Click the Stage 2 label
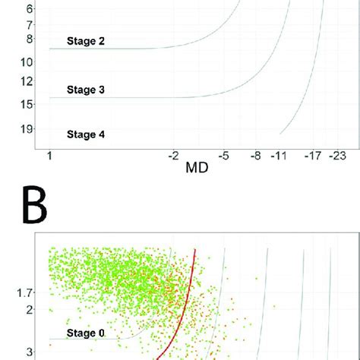pyautogui.click(x=85, y=42)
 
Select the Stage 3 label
pyautogui.click(x=85, y=90)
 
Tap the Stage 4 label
pyautogui.click(x=85, y=135)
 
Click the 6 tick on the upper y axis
pyautogui.click(x=30, y=9)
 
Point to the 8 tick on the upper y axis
pyautogui.click(x=30, y=39)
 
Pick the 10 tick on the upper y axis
pyautogui.click(x=27, y=61)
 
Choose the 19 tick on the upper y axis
pyautogui.click(x=27, y=130)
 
